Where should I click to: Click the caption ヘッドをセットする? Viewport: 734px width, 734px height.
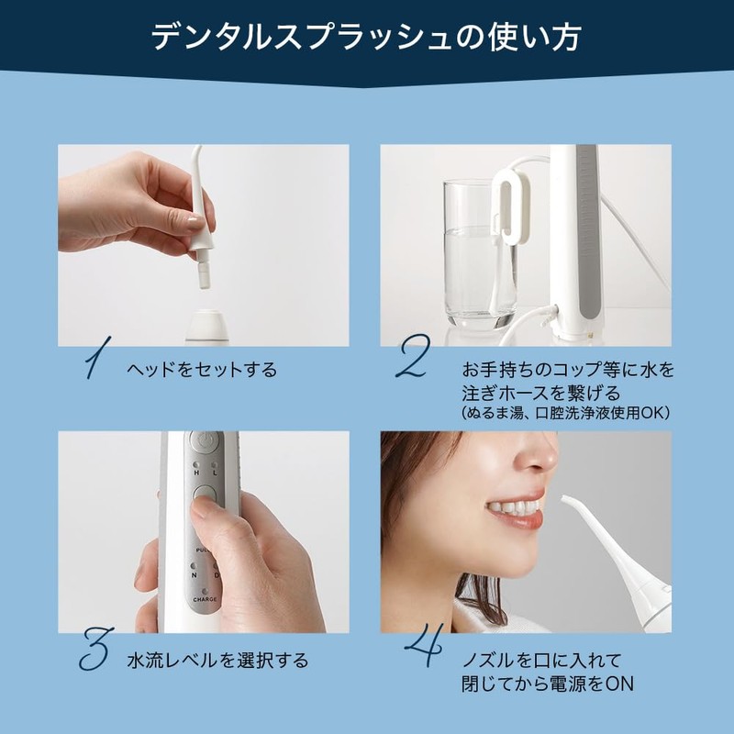202,370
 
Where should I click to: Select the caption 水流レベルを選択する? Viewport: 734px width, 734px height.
217,660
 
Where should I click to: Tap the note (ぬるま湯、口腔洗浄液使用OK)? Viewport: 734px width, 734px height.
565,413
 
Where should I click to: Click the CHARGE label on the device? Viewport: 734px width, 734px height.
205,599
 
